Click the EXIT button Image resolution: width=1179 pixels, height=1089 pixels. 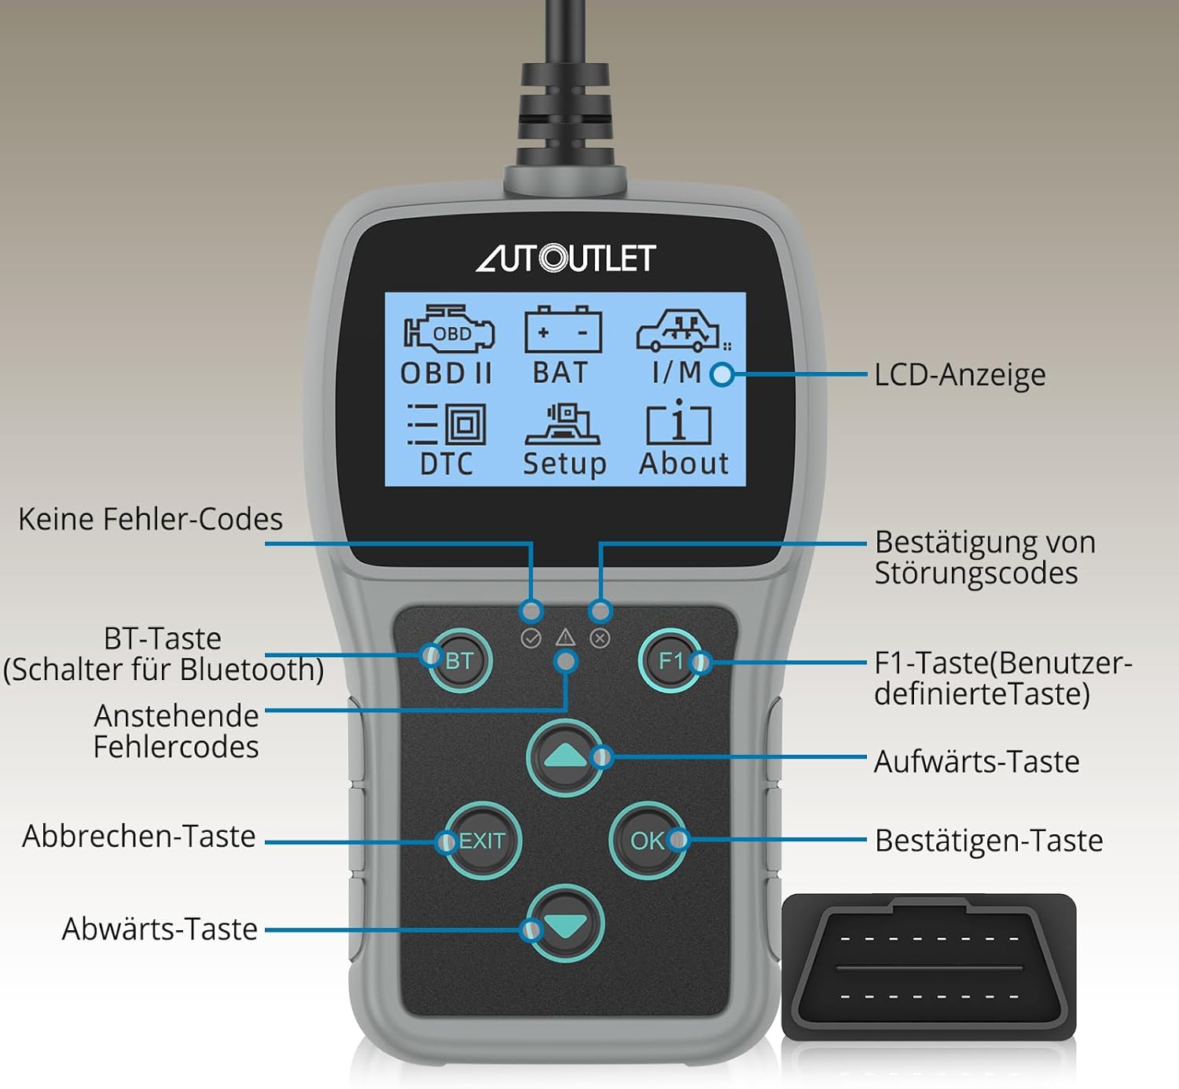482,841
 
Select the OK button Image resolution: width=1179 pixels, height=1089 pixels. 647,841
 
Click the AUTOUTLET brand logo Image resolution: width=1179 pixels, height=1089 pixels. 565,258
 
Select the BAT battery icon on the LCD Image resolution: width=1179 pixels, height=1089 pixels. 562,331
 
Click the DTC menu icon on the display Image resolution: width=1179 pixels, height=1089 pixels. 446,426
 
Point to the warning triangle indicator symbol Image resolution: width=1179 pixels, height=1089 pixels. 565,637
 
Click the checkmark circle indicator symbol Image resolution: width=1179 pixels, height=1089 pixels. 531,638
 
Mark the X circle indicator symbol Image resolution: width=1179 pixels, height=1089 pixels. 600,638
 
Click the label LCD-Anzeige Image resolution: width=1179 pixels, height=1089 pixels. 960,375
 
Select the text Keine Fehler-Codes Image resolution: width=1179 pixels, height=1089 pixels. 150,520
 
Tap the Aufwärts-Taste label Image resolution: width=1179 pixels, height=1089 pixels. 976,762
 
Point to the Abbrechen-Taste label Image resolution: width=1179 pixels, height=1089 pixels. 139,837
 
